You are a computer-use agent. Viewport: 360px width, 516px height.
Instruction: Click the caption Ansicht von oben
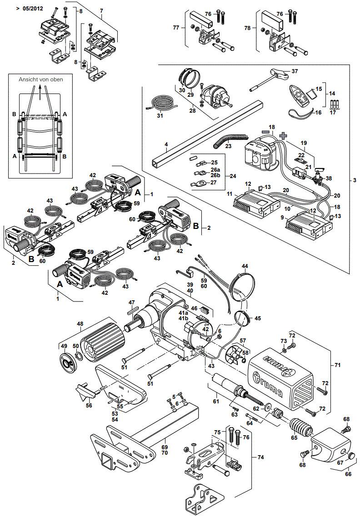click(40, 79)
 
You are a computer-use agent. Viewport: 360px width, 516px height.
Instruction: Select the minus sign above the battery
click(265, 131)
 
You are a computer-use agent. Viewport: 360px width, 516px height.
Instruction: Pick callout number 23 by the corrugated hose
click(229, 146)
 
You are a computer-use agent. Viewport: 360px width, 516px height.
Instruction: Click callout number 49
click(64, 347)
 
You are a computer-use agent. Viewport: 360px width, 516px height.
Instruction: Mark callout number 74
click(261, 457)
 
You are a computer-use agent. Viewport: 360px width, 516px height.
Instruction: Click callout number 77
click(177, 28)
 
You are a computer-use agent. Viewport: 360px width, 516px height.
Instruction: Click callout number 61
click(215, 402)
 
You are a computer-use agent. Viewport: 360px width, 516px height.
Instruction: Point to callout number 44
click(245, 266)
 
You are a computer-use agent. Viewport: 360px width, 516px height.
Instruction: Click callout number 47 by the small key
click(132, 303)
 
